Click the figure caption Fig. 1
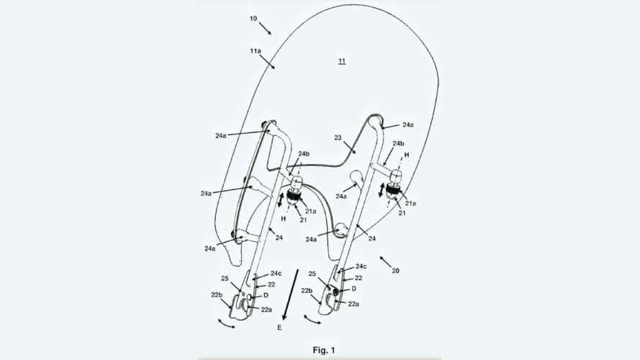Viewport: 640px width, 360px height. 324,350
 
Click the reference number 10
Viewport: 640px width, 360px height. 253,19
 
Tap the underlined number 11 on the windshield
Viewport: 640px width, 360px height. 342,61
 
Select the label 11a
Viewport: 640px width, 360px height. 256,50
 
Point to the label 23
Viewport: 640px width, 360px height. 338,138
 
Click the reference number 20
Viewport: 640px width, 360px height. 395,271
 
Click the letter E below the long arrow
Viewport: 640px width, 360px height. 279,328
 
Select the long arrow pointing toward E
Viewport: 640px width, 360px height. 291,294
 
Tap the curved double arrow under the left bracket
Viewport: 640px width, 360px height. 227,325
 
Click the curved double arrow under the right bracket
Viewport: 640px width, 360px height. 312,320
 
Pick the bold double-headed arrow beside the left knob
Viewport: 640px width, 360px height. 281,200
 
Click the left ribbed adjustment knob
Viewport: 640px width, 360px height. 294,196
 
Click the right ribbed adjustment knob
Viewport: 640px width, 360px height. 392,189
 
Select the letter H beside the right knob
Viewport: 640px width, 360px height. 407,155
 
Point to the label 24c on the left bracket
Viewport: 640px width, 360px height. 276,274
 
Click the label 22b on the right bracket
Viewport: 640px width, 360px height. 307,291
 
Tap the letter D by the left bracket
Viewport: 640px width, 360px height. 266,295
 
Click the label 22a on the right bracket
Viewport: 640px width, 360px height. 353,304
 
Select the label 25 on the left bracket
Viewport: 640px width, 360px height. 225,279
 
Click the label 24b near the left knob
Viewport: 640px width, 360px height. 304,154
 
